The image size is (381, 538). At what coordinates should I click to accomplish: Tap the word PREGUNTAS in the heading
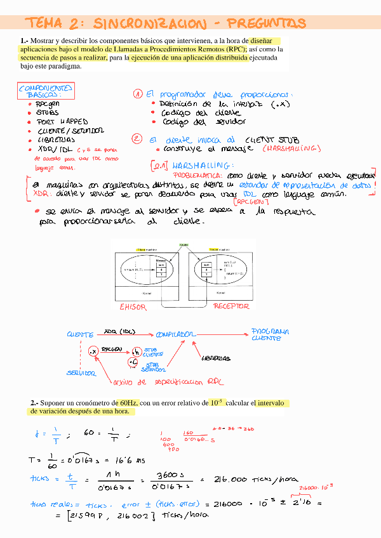click(266, 23)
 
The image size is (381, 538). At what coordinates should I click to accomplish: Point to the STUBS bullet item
click(48, 112)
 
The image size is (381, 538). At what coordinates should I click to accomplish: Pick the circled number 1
click(137, 94)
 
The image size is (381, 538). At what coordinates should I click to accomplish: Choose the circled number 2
click(137, 138)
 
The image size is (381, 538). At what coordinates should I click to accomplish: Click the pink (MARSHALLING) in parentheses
click(291, 148)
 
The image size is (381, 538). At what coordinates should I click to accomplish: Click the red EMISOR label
click(133, 306)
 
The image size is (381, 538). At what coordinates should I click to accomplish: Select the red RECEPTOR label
click(231, 306)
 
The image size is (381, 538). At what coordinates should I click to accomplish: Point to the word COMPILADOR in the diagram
click(175, 333)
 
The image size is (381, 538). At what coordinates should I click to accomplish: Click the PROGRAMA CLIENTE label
click(271, 334)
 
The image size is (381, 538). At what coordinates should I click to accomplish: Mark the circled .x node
click(93, 350)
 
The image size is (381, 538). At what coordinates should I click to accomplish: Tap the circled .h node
click(136, 351)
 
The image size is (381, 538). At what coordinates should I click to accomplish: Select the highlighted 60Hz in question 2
click(127, 403)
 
